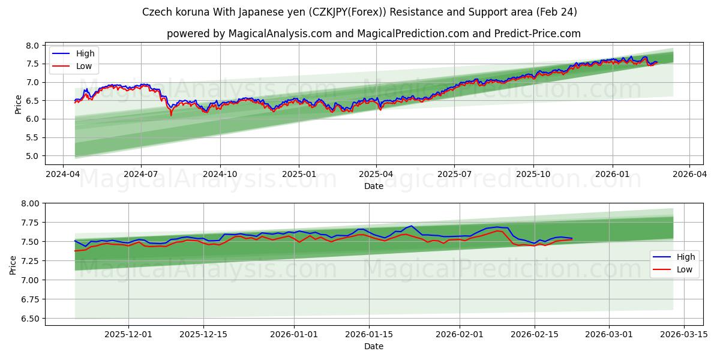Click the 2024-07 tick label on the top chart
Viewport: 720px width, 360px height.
click(x=141, y=174)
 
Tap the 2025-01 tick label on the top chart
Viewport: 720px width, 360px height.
click(x=298, y=174)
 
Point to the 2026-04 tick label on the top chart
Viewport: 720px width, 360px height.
click(x=689, y=174)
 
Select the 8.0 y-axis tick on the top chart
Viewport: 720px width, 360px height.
click(x=33, y=46)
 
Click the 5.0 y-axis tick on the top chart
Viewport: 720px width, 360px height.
click(x=33, y=156)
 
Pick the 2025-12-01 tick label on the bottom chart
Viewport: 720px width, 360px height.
click(x=129, y=334)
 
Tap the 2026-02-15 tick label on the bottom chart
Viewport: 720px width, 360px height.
click(x=534, y=334)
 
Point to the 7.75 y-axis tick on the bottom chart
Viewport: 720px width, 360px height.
click(x=28, y=223)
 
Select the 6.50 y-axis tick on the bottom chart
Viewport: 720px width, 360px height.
click(x=28, y=319)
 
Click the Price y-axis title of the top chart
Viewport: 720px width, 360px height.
click(x=18, y=104)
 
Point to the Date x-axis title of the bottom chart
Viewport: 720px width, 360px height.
click(x=374, y=346)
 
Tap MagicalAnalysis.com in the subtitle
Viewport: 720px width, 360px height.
click(x=280, y=34)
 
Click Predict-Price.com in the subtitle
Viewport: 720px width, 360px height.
click(x=538, y=34)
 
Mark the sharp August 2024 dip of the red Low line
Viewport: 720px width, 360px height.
click(x=170, y=114)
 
